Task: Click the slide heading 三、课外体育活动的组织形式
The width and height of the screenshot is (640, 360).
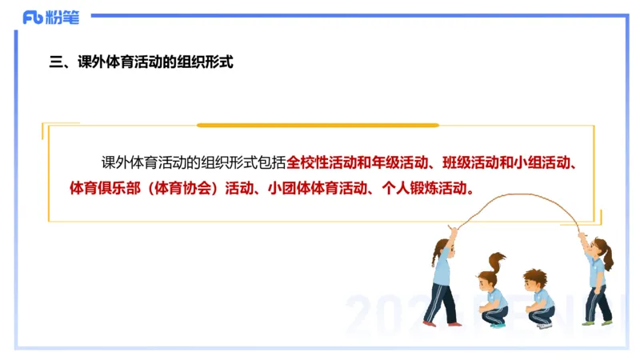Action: coord(141,62)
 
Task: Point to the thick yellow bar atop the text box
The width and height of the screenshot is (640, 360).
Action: coord(318,126)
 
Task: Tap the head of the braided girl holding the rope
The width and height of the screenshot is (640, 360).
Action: coord(443,247)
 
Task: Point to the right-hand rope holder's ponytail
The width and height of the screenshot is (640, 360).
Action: coord(609,257)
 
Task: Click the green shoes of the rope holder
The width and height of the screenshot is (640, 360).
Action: coord(596,322)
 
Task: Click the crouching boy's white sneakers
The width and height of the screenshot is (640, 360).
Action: coord(544,325)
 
